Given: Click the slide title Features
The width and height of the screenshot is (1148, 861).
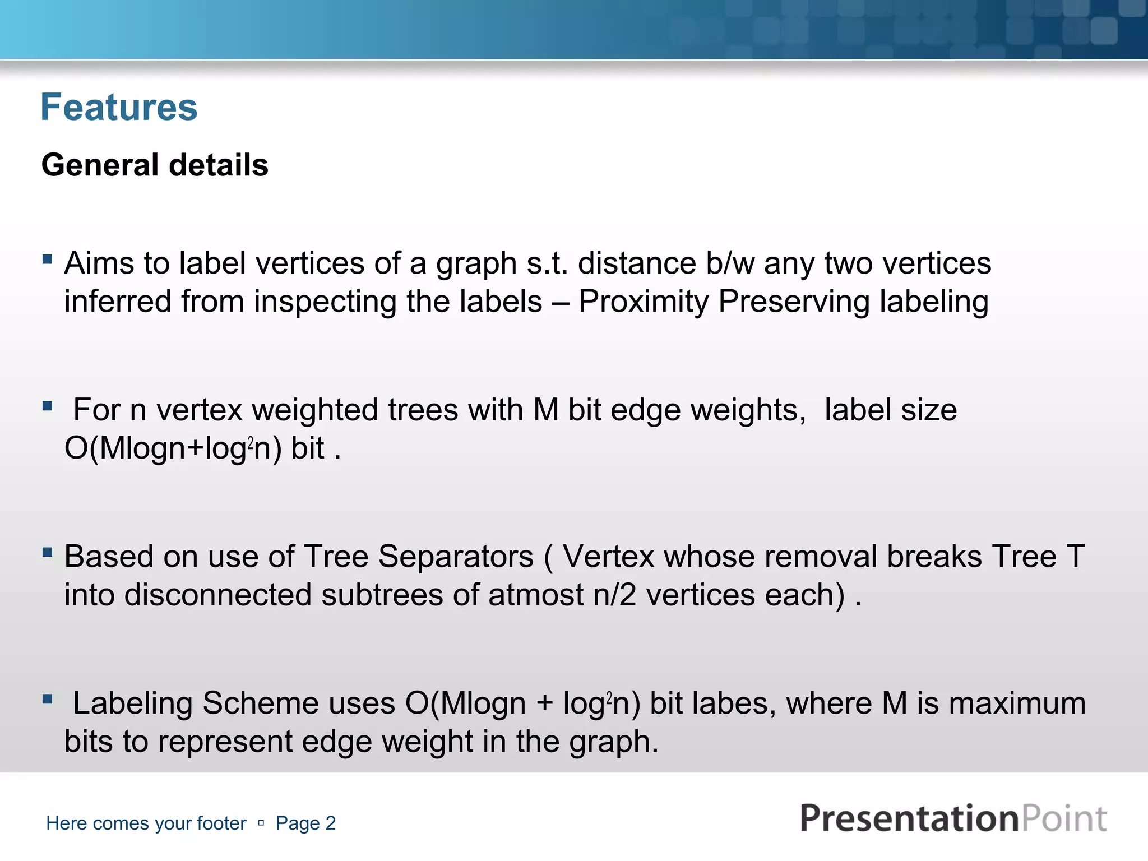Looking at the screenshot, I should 119,107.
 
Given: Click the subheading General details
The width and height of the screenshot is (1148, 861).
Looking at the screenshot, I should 155,165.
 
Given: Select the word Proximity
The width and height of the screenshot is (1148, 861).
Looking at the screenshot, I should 644,302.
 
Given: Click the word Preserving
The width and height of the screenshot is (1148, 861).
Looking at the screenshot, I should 794,302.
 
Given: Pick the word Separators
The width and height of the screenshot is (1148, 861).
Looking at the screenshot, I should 456,557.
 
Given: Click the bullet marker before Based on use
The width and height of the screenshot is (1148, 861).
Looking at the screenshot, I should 48,553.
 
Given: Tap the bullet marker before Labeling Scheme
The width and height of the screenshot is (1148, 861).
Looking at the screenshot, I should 48,699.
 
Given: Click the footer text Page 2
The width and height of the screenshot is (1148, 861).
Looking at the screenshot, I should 305,823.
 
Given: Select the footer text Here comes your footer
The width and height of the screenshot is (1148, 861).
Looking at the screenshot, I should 146,823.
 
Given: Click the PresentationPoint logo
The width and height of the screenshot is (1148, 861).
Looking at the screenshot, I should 953,818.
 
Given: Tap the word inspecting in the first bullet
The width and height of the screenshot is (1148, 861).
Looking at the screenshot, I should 325,302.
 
